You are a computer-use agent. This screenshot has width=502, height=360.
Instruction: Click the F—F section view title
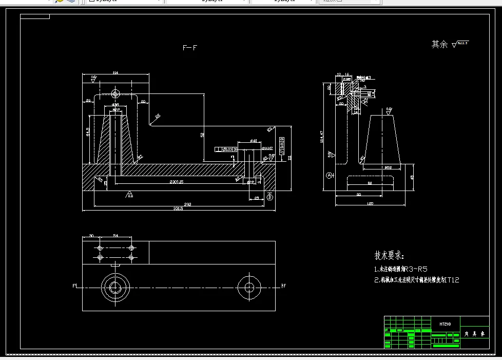[x=190, y=48]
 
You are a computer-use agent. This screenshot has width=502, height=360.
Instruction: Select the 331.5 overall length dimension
[x=178, y=208]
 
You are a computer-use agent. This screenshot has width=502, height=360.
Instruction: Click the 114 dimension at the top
[x=115, y=73]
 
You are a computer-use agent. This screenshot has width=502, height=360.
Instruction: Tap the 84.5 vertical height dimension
[x=88, y=132]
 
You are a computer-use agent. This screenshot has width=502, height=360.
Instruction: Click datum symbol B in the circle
[x=270, y=197]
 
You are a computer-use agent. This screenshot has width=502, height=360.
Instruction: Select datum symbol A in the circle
[x=330, y=175]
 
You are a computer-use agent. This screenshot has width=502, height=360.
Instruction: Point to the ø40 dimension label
[x=253, y=141]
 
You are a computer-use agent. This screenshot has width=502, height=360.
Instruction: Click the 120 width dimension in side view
[x=370, y=204]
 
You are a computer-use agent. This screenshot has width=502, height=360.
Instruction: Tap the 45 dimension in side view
[x=412, y=177]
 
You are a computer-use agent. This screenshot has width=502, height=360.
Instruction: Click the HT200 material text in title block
[x=445, y=324]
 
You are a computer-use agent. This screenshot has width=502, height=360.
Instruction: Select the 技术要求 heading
[x=389, y=255]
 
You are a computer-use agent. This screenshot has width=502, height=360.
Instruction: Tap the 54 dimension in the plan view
[x=115, y=235]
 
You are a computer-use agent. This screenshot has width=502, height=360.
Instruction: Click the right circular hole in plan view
[x=249, y=287]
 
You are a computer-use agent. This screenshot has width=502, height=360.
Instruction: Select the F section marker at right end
[x=284, y=286]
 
